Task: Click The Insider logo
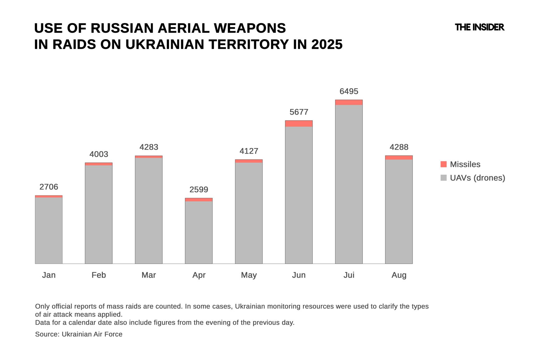pos(479,27)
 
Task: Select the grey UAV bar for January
pos(49,231)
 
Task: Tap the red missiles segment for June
pos(299,123)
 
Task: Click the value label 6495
pos(349,91)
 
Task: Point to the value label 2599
pos(199,190)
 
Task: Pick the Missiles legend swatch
pos(443,164)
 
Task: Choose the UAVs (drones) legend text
pos(477,178)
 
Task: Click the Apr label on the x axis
pos(199,275)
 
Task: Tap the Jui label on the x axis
pos(349,275)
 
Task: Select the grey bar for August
pos(399,212)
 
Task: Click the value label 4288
pos(399,147)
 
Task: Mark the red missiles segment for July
pos(349,103)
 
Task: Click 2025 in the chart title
pos(327,45)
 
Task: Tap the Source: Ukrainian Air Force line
pos(79,334)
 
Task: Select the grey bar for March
pos(148,211)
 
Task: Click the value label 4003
pos(99,154)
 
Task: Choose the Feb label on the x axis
pos(99,275)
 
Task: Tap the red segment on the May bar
pos(248,161)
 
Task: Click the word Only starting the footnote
pos(42,306)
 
